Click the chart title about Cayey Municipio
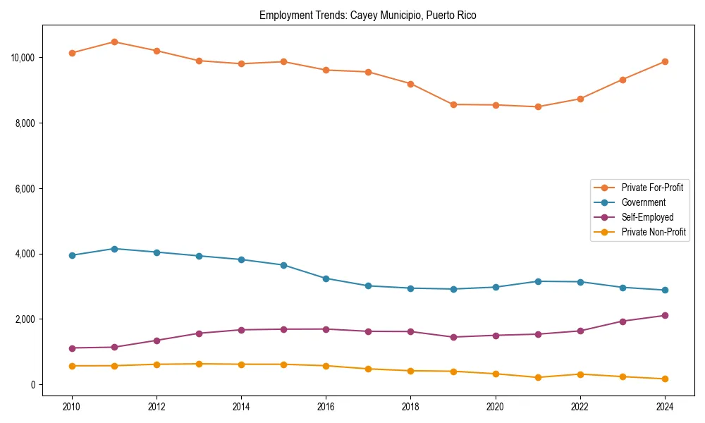367,16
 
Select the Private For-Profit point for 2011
114,42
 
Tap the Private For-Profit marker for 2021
538,106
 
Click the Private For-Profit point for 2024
665,61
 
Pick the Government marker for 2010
72,255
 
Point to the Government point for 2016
326,278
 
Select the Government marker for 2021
538,281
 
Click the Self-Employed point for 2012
157,341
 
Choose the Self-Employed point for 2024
665,315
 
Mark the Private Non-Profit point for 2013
199,364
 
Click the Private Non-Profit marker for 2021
538,377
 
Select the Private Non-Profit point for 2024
665,379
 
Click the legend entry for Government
643,202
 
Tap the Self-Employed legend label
647,217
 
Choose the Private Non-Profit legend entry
654,232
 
